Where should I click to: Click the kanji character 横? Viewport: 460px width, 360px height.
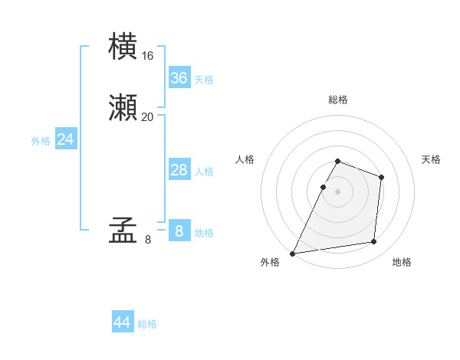124,47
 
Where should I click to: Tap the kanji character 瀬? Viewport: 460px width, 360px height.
124,108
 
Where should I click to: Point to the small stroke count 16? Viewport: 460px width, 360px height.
148,56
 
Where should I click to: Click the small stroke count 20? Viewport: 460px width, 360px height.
148,117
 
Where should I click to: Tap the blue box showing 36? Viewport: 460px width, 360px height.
179,78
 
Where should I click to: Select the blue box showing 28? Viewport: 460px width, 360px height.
179,170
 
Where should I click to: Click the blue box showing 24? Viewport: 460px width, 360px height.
66,139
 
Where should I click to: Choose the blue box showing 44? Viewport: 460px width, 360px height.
123,322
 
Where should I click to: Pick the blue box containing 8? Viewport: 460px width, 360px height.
179,231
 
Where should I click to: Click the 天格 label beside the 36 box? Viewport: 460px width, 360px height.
204,80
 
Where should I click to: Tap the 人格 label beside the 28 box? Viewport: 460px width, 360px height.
204,172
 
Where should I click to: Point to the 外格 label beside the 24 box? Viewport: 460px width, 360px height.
41,141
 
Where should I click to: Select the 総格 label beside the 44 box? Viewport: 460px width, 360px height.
147,324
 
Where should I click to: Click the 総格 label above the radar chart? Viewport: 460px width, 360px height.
338,100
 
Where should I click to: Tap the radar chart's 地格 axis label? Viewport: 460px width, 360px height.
402,262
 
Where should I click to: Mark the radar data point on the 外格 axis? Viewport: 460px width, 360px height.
292,254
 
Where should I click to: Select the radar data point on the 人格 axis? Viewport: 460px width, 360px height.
324,187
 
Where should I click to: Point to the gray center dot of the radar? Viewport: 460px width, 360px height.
338,191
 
